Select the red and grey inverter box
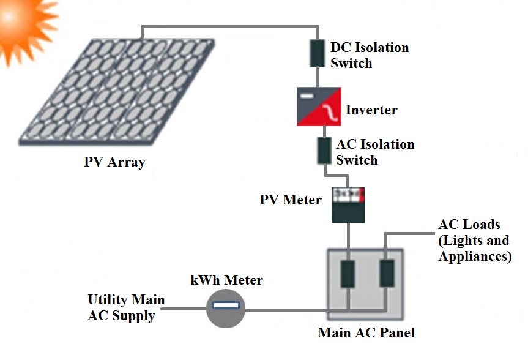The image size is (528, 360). (x=319, y=107)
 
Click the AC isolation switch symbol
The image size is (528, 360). (x=324, y=150)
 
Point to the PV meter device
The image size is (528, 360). (x=348, y=205)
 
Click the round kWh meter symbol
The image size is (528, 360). (x=225, y=308)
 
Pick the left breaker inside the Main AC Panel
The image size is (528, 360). (x=348, y=275)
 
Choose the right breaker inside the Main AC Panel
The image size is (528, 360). (x=386, y=274)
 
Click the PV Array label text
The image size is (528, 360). (x=114, y=162)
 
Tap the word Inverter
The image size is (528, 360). (x=371, y=110)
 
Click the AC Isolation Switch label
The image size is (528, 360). (x=374, y=152)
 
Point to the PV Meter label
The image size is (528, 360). (x=290, y=200)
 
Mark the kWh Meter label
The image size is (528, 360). (x=226, y=280)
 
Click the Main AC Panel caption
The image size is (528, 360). (x=366, y=333)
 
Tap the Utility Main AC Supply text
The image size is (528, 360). (x=127, y=308)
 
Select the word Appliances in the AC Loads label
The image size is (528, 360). (x=474, y=257)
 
